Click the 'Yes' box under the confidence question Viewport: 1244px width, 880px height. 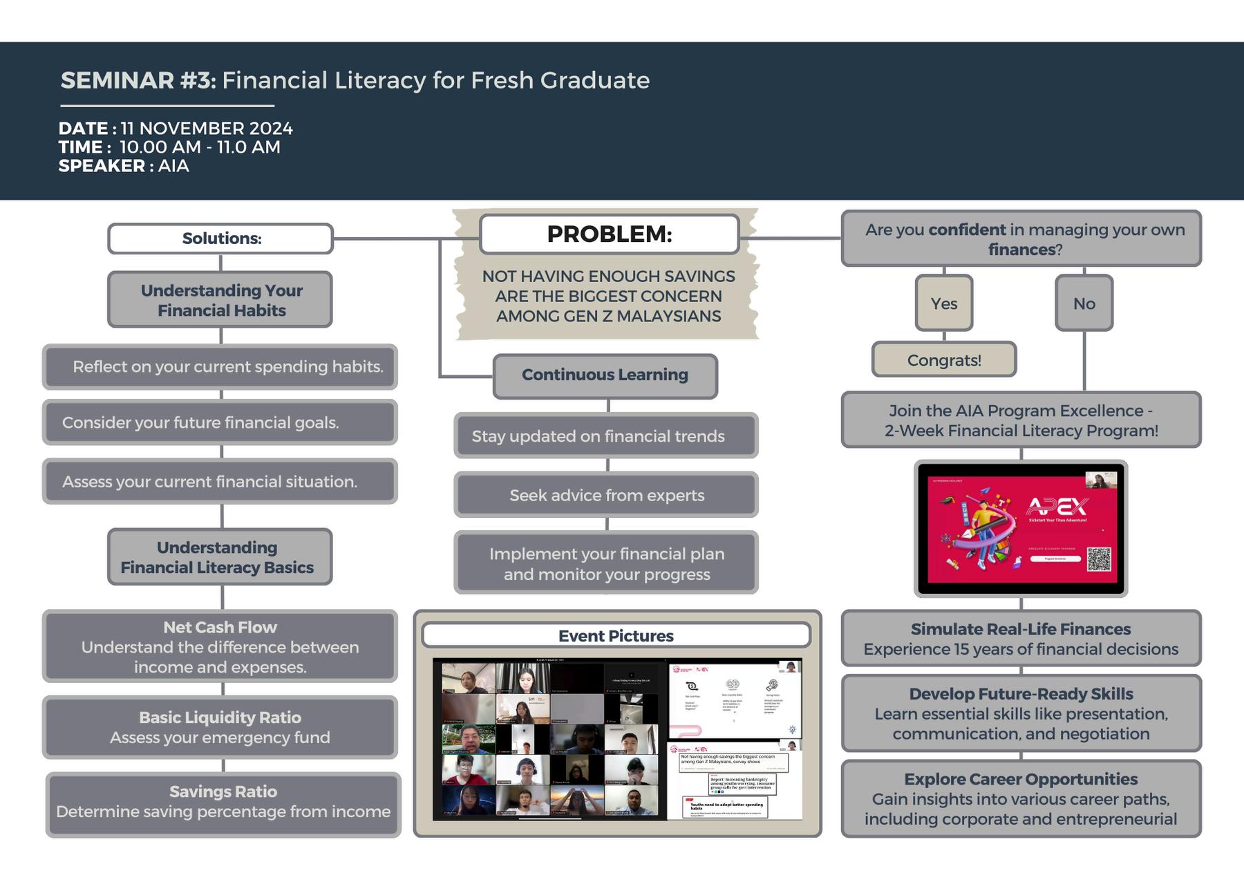tap(943, 303)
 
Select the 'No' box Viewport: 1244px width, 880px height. tap(1084, 303)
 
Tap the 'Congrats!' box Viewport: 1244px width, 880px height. tap(944, 360)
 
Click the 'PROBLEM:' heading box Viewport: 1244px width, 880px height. tap(609, 234)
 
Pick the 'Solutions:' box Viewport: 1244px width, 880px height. tap(221, 238)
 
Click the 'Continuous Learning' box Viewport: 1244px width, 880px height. tap(605, 375)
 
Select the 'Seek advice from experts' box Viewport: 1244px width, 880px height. tap(606, 496)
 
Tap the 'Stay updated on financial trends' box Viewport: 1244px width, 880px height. tap(599, 436)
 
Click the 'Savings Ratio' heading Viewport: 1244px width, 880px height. tap(223, 792)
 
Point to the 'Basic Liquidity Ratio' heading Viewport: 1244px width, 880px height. tap(220, 718)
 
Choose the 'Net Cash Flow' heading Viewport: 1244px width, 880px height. tap(220, 628)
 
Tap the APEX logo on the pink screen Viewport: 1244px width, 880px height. tap(1057, 507)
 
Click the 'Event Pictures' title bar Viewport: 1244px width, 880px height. tap(616, 636)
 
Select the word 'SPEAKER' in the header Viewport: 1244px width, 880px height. tap(102, 166)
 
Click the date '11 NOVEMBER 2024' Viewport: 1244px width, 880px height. tap(207, 129)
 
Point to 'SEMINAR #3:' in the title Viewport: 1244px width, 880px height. tap(138, 81)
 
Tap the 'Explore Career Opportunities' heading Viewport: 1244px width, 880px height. tap(1021, 779)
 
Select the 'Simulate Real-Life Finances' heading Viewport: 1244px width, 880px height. tap(1021, 629)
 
